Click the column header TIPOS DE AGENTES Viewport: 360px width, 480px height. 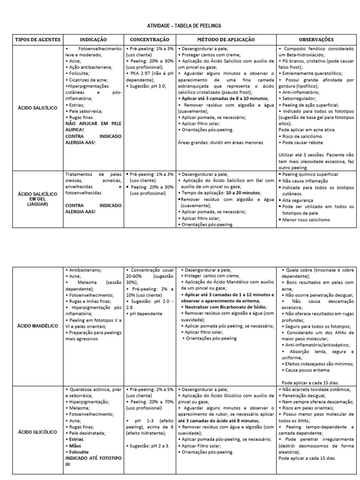coord(38,40)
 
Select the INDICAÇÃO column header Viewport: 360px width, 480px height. coord(94,40)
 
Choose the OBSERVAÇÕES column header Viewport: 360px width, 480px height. coord(316,40)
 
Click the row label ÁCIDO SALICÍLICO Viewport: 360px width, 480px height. coord(38,107)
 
